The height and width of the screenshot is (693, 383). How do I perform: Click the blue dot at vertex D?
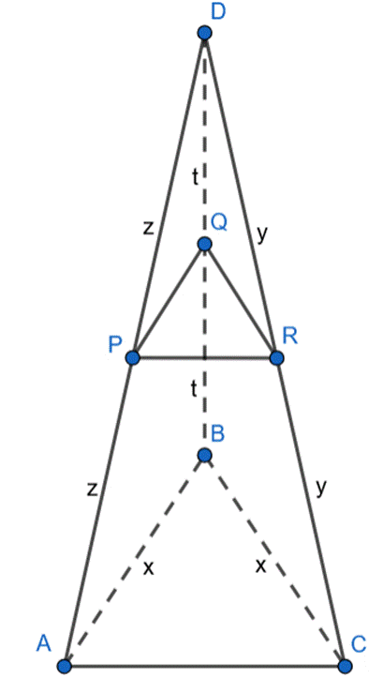204,33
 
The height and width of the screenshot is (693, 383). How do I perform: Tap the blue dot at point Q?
204,244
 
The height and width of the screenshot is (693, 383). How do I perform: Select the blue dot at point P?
132,357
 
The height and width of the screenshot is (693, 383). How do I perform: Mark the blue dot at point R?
276,357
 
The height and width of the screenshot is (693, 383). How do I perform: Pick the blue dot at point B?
204,454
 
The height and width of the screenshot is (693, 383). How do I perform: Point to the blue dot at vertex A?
65,666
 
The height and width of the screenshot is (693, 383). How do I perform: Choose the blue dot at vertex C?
345,666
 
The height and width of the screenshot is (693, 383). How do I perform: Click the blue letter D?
218,12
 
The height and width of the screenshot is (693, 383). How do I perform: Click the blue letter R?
290,337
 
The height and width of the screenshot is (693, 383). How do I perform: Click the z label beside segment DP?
148,228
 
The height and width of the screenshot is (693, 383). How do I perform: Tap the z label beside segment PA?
92,490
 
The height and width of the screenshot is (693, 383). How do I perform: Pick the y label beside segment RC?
322,488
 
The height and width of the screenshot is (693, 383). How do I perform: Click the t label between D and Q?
194,177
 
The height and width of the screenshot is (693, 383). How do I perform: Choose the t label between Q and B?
193,389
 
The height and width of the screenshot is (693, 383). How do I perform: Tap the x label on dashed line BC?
261,566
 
